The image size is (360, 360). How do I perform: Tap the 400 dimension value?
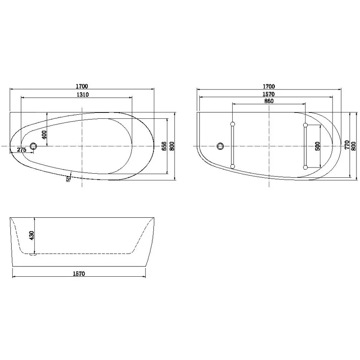(x=44, y=135)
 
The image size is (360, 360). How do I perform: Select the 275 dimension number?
(x=21, y=149)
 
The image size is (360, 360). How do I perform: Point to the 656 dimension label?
(x=164, y=146)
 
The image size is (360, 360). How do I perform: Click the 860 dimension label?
(x=269, y=101)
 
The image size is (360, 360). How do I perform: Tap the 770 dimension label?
(x=347, y=145)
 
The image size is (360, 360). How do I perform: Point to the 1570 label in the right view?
(x=269, y=94)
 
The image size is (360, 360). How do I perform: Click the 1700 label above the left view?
(x=81, y=86)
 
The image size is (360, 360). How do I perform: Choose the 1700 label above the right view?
(x=269, y=86)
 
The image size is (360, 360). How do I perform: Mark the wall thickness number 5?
(x=67, y=179)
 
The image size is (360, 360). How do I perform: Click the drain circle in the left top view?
(x=33, y=146)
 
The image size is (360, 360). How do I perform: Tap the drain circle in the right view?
(x=220, y=146)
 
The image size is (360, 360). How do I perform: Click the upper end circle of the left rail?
(x=232, y=124)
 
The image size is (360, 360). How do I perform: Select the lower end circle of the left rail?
(x=232, y=166)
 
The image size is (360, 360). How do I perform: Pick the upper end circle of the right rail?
(x=306, y=125)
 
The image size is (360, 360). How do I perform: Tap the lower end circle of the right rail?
(x=306, y=167)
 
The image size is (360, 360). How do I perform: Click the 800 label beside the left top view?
(x=172, y=146)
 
